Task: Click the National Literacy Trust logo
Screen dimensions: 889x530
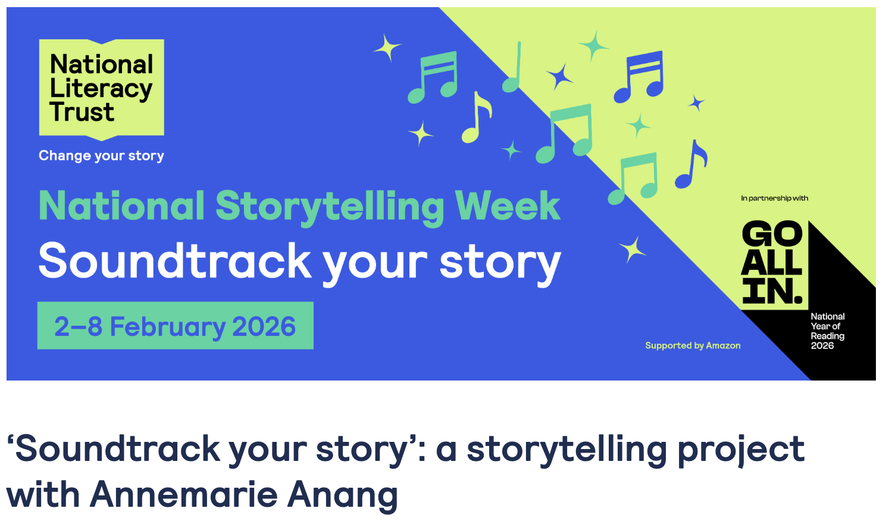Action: pos(102,89)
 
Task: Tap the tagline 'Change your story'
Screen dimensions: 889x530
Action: pos(101,156)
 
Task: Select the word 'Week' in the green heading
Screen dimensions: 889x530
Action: pos(508,205)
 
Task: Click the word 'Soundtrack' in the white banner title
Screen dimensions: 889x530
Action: pos(174,261)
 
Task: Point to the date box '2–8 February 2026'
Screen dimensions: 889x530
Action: pos(176,326)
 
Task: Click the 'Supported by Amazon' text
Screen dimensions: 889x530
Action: pos(693,345)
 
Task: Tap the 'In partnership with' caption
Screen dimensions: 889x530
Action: pos(774,198)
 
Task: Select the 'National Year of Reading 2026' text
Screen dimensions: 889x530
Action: pos(828,331)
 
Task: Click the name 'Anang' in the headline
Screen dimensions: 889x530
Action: pos(343,497)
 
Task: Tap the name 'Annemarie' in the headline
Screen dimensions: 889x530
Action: pos(183,495)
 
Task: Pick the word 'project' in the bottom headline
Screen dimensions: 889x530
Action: pos(741,451)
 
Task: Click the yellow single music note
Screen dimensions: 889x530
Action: pos(476,117)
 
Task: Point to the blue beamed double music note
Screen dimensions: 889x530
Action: pos(638,76)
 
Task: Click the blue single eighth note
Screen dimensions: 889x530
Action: pos(691,164)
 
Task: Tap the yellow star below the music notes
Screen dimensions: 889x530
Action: pos(632,250)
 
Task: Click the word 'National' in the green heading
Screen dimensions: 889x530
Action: pos(121,205)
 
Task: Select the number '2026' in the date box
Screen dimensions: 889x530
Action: pos(264,326)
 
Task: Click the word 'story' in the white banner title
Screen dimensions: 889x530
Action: pos(500,264)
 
